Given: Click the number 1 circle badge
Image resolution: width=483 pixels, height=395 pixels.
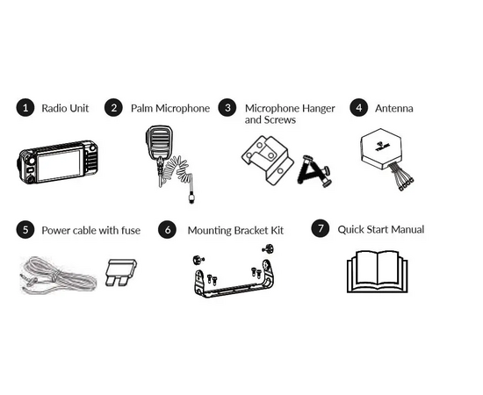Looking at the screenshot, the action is [25, 108].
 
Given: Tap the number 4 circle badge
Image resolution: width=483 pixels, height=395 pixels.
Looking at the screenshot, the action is [359, 108].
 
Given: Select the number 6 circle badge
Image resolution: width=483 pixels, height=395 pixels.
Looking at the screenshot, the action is [167, 230].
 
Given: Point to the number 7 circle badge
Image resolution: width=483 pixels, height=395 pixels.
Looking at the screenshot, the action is [321, 228].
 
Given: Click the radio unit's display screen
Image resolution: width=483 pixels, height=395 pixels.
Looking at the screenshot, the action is [59, 164].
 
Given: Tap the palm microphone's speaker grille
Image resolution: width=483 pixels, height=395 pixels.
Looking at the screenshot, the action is [159, 141].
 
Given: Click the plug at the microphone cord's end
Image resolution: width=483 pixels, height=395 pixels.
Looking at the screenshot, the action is [191, 197].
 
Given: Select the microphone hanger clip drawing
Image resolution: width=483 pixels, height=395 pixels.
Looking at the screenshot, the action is [267, 160].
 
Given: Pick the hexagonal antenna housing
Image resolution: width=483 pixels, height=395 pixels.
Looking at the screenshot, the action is [381, 148].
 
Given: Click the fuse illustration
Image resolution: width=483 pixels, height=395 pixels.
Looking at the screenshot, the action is [121, 272].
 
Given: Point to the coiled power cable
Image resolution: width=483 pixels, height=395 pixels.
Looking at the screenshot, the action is [58, 276].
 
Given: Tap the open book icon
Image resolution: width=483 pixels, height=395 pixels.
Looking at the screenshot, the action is [378, 271].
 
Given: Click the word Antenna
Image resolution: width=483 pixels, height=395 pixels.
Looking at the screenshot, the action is [394, 108].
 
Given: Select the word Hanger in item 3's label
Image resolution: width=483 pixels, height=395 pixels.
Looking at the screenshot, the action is [318, 109].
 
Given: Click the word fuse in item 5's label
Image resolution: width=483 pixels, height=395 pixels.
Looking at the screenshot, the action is [131, 230].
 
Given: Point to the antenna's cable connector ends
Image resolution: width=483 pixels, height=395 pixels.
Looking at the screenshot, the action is [407, 184].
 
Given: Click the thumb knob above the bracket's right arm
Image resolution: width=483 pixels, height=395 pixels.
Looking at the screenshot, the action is [269, 248].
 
